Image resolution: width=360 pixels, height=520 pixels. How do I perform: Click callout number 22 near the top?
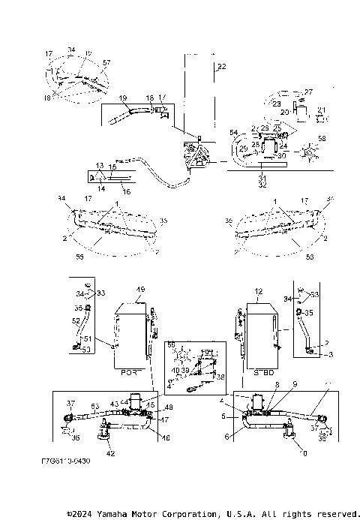point(220,68)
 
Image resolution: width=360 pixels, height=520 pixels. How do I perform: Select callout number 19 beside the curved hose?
point(123,98)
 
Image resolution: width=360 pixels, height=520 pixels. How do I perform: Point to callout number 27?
point(308,92)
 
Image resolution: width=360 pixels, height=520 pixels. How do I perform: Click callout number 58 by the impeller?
point(322,139)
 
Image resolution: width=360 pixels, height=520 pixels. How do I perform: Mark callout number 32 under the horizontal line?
point(262,183)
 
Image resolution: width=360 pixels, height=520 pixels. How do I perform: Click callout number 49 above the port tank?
point(139,290)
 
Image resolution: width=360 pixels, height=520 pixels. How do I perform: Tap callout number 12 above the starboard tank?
point(259,290)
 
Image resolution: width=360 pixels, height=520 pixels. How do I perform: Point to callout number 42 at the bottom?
point(110,453)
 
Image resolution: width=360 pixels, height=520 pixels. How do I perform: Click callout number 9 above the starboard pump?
point(295,384)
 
